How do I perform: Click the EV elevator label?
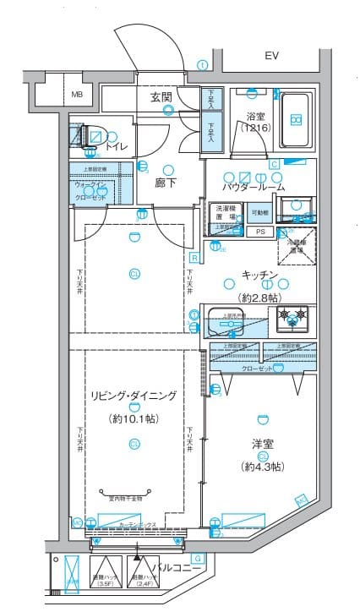[x=271, y=56]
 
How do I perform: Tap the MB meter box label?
[x=77, y=94]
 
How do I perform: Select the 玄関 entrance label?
[x=161, y=97]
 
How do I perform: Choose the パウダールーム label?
[x=254, y=186]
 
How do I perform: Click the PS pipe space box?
[x=260, y=231]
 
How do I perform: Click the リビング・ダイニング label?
[x=134, y=395]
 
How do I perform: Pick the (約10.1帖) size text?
[x=134, y=418]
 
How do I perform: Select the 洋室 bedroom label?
[x=262, y=443]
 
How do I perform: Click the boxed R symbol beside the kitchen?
[x=194, y=258]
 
